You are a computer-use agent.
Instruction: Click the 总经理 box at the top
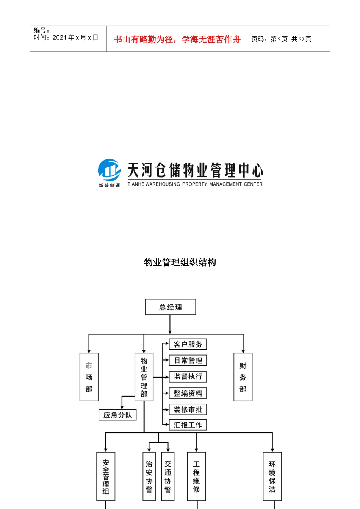tap(170, 307)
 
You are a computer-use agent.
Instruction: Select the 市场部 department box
tap(89, 377)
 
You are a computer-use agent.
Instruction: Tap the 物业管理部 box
tap(144, 377)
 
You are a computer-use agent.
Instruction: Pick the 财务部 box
tap(243, 377)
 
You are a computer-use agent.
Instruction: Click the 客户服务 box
tap(188, 344)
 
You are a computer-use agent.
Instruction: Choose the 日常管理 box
tap(188, 360)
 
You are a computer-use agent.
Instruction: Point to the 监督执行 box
tap(188, 376)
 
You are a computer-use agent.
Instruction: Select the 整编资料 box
tap(188, 393)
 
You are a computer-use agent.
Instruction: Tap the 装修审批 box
tap(188, 409)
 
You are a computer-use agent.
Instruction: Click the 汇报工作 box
tap(188, 425)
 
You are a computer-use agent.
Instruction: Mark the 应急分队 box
tap(117, 415)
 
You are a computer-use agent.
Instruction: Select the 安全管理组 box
tap(106, 476)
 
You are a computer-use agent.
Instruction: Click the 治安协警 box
tap(149, 476)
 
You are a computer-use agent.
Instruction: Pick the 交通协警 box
tap(168, 476)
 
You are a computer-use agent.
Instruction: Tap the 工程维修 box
tap(196, 476)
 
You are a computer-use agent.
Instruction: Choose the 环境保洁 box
tap(272, 476)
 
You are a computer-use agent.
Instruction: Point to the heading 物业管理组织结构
tap(180, 262)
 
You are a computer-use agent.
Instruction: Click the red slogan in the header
tap(177, 39)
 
